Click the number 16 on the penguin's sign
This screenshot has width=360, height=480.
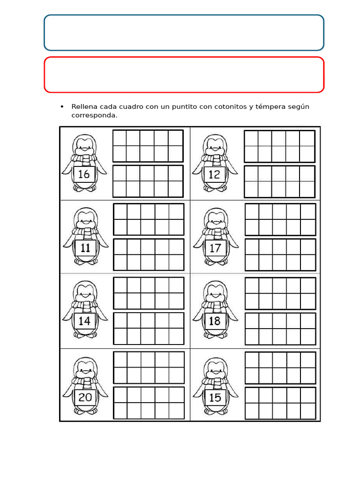point(83,174)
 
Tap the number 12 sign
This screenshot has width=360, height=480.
point(214,174)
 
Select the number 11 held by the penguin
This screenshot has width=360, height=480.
point(85,247)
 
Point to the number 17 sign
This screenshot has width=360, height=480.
point(215,247)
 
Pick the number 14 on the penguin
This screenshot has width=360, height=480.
point(84,321)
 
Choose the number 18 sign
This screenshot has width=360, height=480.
point(215,321)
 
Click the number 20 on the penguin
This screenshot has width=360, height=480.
point(85,397)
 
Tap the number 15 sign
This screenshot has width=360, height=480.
point(215,397)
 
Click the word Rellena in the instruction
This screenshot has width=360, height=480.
point(84,106)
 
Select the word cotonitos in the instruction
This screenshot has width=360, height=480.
point(231,106)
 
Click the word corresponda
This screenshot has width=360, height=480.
point(94,115)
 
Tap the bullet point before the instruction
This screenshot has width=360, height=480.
point(62,106)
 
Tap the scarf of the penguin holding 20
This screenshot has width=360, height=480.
point(85,382)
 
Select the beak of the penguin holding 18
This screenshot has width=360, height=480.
point(215,296)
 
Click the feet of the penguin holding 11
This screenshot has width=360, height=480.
point(85,262)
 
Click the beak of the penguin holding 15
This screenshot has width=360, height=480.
point(216,373)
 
